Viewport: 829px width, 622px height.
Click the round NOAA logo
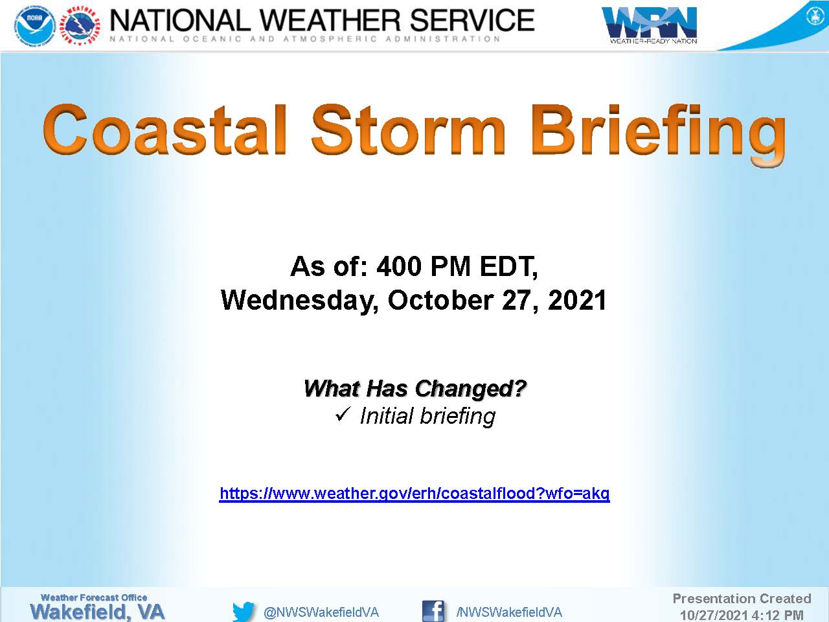tap(35, 26)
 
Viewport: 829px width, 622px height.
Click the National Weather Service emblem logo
tap(80, 26)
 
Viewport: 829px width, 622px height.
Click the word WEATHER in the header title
tap(330, 20)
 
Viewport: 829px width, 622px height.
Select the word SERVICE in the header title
tap(471, 20)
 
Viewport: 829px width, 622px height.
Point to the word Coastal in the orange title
tap(165, 130)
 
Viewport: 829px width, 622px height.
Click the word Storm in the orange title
tap(408, 130)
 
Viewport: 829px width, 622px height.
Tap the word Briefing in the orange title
tap(658, 135)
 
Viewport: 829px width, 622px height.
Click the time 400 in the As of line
tap(399, 266)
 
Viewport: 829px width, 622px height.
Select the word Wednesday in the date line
tap(299, 301)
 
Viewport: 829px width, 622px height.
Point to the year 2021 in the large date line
tap(577, 301)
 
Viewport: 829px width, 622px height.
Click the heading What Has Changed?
tap(414, 388)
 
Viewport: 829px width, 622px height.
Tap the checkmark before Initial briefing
tap(343, 414)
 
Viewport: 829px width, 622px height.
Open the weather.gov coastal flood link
tap(414, 493)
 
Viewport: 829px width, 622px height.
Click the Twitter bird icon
tap(244, 612)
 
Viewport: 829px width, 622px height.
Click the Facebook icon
tap(433, 611)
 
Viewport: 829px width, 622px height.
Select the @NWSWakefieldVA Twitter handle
tap(321, 612)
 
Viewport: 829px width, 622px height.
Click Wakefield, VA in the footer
tap(97, 612)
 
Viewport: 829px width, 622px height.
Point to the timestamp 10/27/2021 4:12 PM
tap(742, 615)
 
